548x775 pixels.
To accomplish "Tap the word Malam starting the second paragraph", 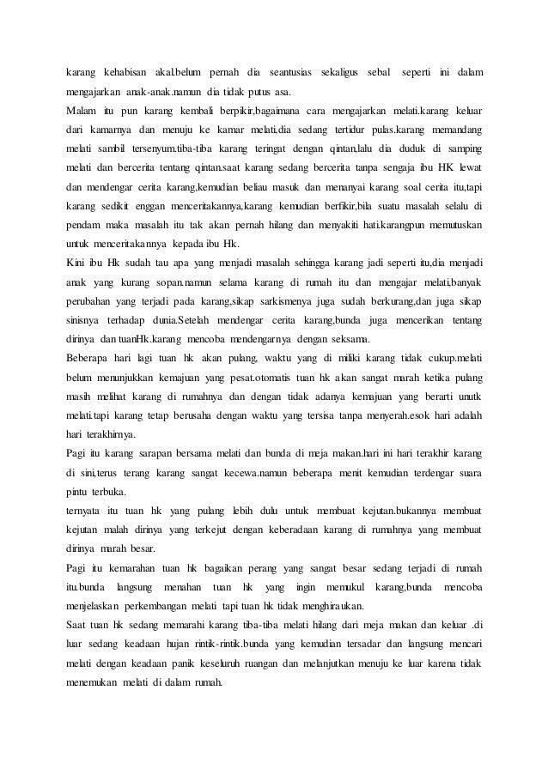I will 82,111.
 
